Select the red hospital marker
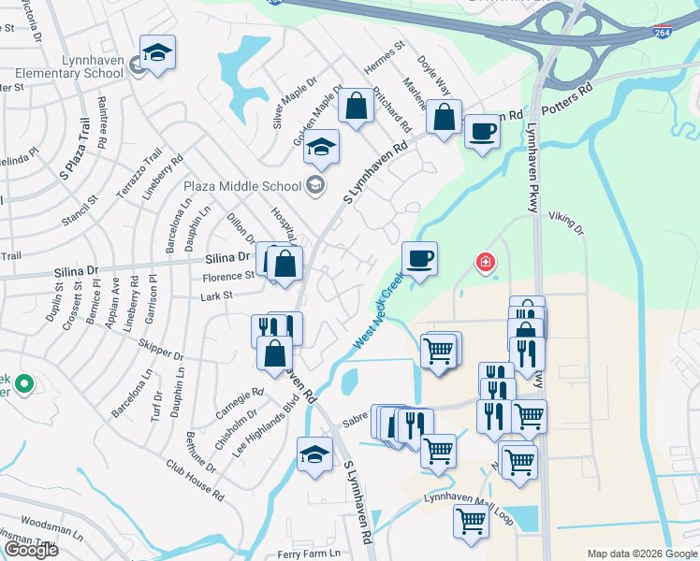485,262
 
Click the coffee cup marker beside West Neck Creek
419,258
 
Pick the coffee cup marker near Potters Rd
482,131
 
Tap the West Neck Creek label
379,312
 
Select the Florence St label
230,276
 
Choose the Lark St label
216,296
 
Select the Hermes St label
384,59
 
